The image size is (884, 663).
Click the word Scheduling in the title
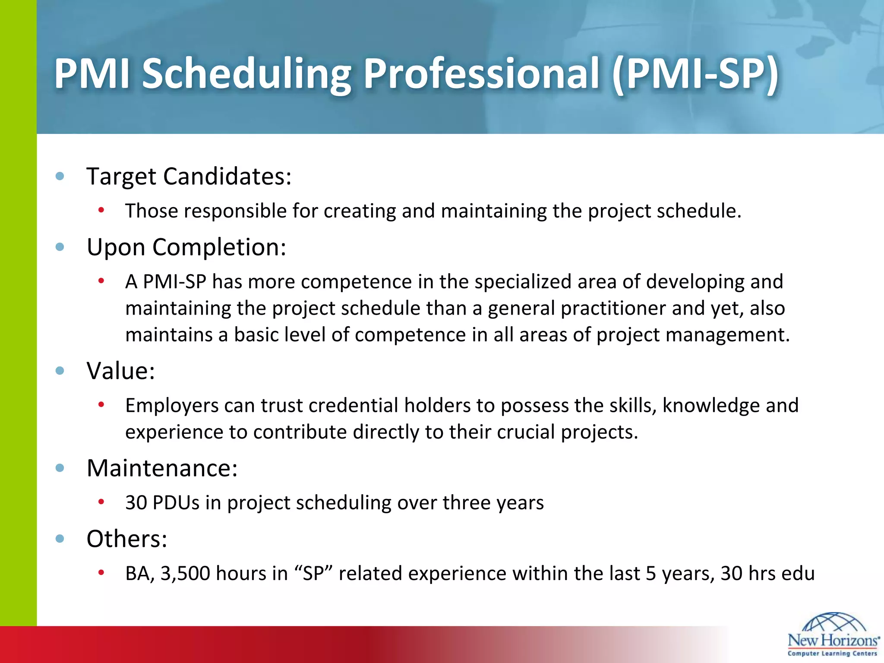pos(246,74)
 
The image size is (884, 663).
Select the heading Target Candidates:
pos(189,177)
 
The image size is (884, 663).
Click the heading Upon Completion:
pos(186,247)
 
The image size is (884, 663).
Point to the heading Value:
pos(121,371)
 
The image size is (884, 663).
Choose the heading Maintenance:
pos(162,468)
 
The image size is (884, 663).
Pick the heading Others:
pos(127,539)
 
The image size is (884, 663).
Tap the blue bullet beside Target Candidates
pos(60,176)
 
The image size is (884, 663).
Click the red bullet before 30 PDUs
pos(101,502)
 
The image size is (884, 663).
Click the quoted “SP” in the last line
pos(313,574)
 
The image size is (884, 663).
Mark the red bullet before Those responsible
pos(101,210)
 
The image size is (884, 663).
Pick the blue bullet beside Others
pos(60,538)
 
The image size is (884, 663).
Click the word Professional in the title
pos(481,74)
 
